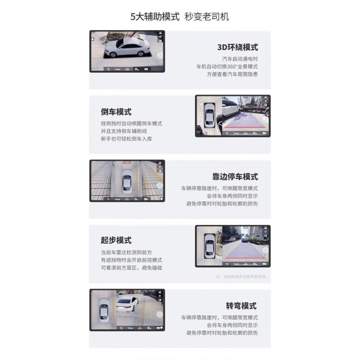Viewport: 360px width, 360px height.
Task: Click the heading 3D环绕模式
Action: (x=237, y=47)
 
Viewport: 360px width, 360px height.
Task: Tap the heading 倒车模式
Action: (x=116, y=112)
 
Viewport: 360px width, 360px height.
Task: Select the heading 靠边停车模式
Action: (x=235, y=176)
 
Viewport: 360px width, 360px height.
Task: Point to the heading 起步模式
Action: (x=116, y=240)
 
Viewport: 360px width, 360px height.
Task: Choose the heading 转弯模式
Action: (x=241, y=306)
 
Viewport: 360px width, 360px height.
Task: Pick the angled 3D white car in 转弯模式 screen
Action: (x=127, y=307)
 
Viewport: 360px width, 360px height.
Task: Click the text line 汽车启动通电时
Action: (x=240, y=59)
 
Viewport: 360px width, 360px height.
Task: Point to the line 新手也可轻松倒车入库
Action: (x=126, y=139)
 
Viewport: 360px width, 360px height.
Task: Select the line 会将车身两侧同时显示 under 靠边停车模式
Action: (x=232, y=196)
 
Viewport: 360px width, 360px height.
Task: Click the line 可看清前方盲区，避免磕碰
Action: (x=131, y=268)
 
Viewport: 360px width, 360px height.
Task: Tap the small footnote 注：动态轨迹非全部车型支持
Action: (x=241, y=277)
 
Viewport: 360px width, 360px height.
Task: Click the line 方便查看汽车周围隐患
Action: (x=232, y=74)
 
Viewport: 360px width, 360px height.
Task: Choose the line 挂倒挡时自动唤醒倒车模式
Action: (x=131, y=123)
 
